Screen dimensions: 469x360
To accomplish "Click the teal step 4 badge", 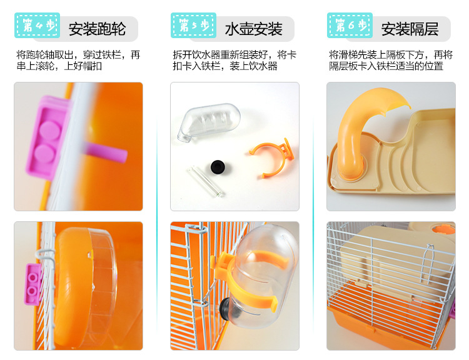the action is [37, 25].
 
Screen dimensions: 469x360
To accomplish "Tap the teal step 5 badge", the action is [193, 25].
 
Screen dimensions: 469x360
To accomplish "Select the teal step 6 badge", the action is [350, 25].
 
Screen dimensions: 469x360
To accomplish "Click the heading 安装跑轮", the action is [97, 29].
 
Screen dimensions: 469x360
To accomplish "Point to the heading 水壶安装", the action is [254, 29].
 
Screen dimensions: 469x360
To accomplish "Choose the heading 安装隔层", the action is [410, 29].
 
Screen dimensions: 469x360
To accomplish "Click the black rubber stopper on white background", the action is [218, 166].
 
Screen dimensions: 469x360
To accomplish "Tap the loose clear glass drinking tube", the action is [206, 181].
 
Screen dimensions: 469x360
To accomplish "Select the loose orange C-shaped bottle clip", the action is [271, 159].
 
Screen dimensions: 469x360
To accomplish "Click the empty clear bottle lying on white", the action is [208, 122].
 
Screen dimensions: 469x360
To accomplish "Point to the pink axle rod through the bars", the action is [104, 152].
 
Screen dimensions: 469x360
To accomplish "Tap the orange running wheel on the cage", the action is [85, 287].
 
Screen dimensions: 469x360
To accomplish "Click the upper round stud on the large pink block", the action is [51, 131].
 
